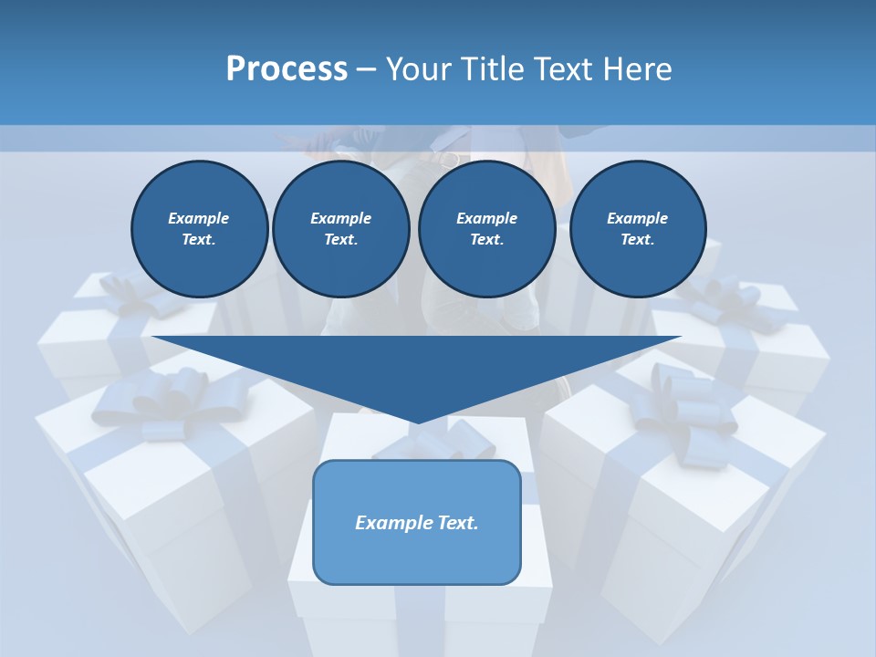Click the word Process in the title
tap(287, 69)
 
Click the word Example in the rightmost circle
tap(637, 218)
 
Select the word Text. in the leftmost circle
tap(199, 240)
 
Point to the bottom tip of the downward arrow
tap(417, 422)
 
